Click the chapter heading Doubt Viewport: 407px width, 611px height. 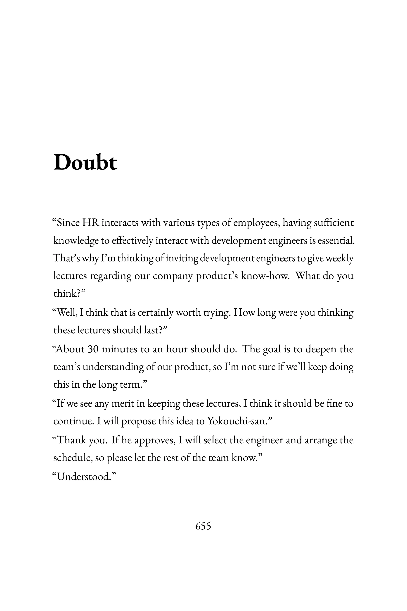coord(85,163)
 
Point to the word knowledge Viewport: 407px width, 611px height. coord(76,241)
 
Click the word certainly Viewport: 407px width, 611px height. coord(156,312)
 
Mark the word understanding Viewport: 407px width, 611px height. coord(113,367)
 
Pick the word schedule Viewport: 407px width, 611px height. coord(73,458)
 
